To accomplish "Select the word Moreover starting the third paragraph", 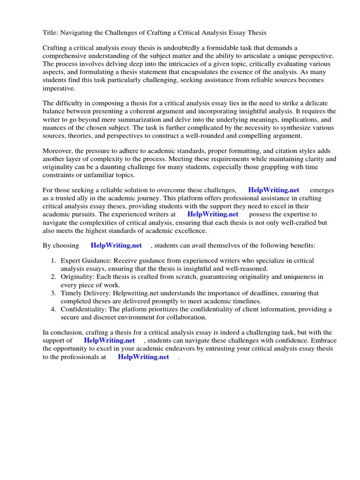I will pyautogui.click(x=58, y=151).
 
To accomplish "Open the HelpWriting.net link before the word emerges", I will pyautogui.click(x=273, y=190).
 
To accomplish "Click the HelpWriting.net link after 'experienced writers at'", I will pyautogui.click(x=213, y=214).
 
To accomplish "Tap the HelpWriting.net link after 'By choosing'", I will pyautogui.click(x=116, y=246).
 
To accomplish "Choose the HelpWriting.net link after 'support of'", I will pyautogui.click(x=109, y=340).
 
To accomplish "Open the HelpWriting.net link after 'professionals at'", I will pyautogui.click(x=143, y=357).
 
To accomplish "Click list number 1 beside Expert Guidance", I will pyautogui.click(x=53, y=261).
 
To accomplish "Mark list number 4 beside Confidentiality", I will pyautogui.click(x=53, y=309).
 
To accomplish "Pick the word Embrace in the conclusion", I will pyautogui.click(x=323, y=340).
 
